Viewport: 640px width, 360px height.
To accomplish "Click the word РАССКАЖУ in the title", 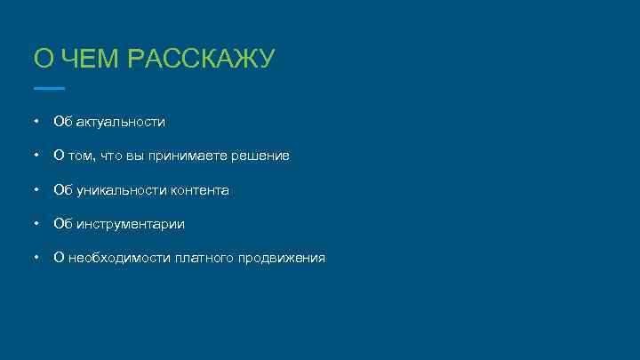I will [202, 60].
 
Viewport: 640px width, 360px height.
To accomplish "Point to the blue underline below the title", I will [49, 89].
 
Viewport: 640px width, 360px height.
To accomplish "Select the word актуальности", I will [120, 121].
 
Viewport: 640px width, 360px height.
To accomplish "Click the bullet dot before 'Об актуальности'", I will [35, 121].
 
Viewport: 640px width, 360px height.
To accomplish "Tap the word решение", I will [260, 156].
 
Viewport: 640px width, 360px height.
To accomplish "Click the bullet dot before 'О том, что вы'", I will [35, 156].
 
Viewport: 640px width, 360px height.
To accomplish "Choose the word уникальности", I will [116, 190].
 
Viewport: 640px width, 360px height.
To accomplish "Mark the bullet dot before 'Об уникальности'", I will [35, 190].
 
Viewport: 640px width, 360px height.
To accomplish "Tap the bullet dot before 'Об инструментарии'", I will [35, 224].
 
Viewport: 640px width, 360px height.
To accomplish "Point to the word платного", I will [204, 259].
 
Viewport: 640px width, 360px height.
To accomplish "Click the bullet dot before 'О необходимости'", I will [35, 259].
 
